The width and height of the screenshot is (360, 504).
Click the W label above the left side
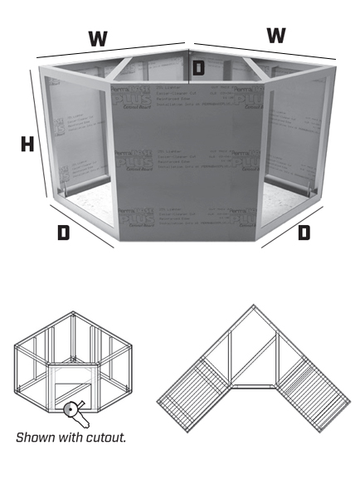point(99,37)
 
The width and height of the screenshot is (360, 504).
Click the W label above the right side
point(276,36)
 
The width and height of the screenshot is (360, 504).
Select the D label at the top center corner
point(198,68)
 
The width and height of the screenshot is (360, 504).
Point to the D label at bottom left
point(63,232)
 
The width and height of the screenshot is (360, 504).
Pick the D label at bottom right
point(304,232)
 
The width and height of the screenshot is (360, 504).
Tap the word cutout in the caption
point(105,437)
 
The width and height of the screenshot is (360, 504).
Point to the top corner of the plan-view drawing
point(255,307)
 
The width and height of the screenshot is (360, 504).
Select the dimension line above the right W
point(265,49)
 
